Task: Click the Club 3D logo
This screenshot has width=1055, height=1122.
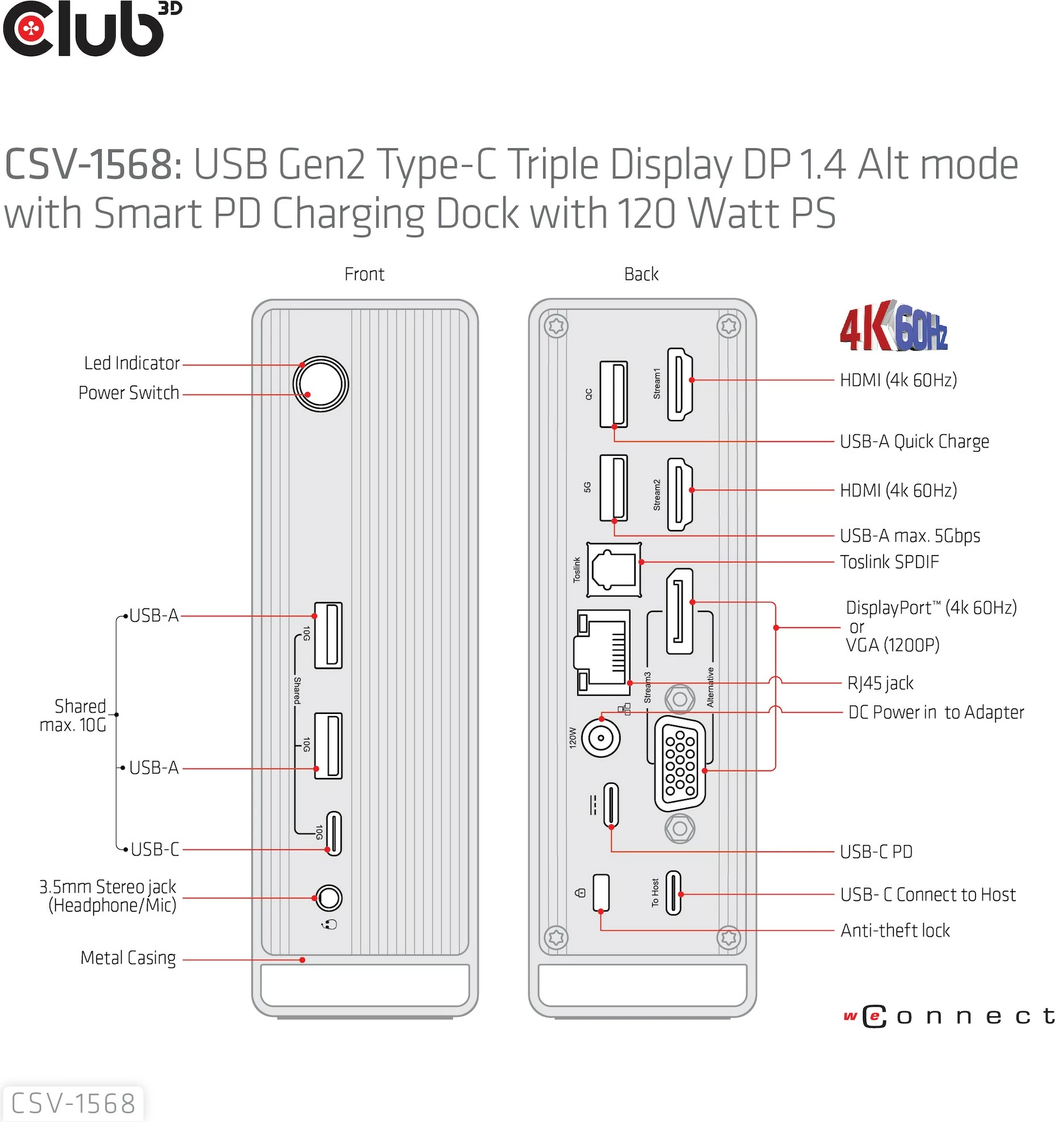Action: [x=91, y=30]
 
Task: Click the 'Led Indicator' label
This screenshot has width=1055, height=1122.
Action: [x=132, y=363]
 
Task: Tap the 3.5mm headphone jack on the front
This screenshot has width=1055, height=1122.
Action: [x=329, y=898]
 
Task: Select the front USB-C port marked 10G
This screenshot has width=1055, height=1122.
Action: [x=334, y=834]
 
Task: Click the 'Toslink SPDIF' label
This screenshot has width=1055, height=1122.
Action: [x=889, y=562]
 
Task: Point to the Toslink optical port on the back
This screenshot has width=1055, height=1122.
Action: [x=613, y=569]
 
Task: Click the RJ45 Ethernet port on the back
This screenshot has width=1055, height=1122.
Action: [x=603, y=653]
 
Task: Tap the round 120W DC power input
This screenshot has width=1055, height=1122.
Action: [x=600, y=738]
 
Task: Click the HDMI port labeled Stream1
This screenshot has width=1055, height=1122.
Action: [x=679, y=384]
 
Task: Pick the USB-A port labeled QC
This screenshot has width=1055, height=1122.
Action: [x=613, y=394]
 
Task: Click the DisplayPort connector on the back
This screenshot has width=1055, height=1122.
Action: [x=679, y=611]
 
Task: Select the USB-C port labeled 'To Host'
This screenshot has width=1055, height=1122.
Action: [x=673, y=892]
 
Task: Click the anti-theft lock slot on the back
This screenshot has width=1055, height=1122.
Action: [x=601, y=892]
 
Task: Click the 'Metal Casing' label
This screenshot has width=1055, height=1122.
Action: [x=128, y=958]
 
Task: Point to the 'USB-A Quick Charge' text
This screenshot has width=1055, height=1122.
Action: [x=914, y=442]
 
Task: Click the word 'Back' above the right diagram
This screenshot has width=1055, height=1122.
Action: [x=641, y=274]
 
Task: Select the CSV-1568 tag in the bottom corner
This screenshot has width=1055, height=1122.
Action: [x=73, y=1104]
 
